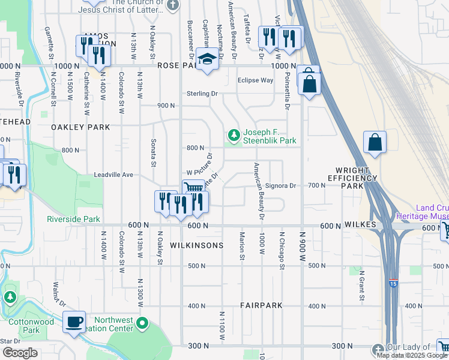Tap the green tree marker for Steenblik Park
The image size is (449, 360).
pyautogui.click(x=233, y=133)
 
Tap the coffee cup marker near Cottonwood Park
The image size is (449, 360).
pyautogui.click(x=74, y=322)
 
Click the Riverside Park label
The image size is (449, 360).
pyautogui.click(x=73, y=219)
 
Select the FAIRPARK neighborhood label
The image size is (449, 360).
pyautogui.click(x=261, y=305)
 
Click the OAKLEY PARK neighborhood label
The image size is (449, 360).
pyautogui.click(x=80, y=127)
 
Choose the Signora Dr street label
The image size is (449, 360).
pyautogui.click(x=281, y=186)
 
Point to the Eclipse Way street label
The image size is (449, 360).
pyautogui.click(x=255, y=80)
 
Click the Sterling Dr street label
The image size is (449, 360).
pyautogui.click(x=201, y=94)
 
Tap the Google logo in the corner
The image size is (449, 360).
pyautogui.click(x=20, y=353)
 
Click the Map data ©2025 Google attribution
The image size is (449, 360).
pyautogui.click(x=412, y=355)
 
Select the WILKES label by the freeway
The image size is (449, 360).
pyautogui.click(x=360, y=224)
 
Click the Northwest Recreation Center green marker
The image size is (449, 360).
pyautogui.click(x=142, y=325)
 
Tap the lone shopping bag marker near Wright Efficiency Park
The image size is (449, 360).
pyautogui.click(x=375, y=143)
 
